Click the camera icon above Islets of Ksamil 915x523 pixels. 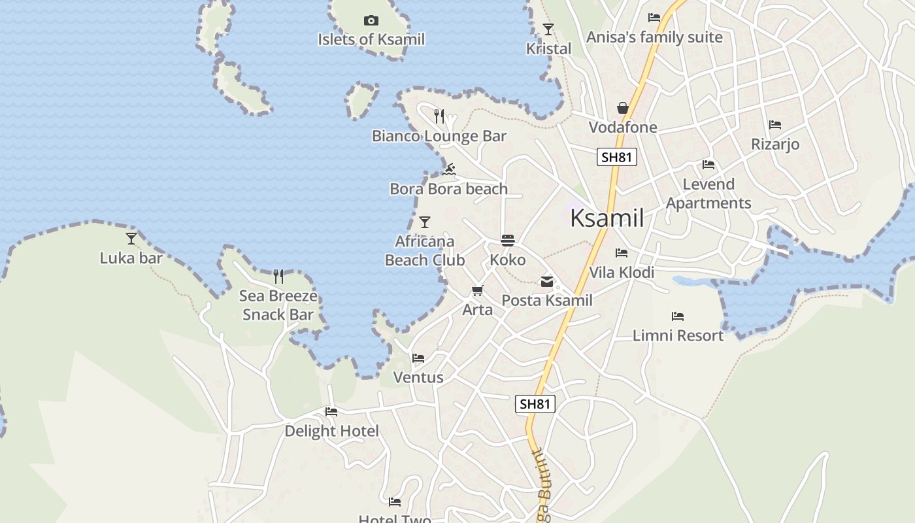pos(371,21)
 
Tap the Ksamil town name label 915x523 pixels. pos(607,218)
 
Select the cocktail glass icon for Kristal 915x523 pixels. pos(548,29)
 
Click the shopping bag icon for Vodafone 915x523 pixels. pos(623,108)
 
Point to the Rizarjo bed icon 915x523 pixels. pos(775,124)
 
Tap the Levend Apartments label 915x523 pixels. pos(708,194)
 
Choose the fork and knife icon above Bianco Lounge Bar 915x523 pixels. pos(439,116)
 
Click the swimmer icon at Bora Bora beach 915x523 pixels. pos(448,170)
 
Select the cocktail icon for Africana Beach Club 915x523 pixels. pos(425,222)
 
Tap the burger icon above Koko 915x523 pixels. pos(508,241)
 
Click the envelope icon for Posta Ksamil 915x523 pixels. pos(546,282)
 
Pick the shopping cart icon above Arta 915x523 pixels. pos(478,291)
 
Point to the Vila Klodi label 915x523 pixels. pos(622,272)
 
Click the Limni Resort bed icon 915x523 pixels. pos(678,316)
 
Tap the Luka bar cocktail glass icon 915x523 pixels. pos(131,239)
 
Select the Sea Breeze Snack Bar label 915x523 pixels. pos(278,305)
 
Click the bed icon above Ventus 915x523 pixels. pos(418,358)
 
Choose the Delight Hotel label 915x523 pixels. pos(331,431)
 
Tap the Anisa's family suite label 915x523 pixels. pos(654,37)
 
